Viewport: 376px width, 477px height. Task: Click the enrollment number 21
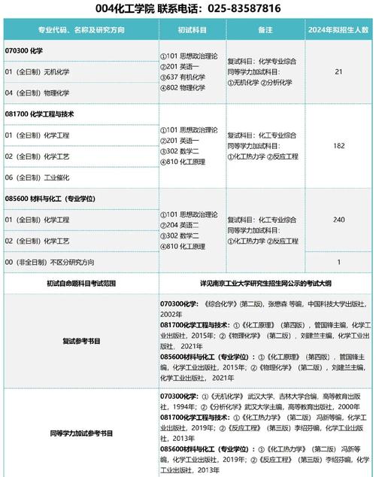point(338,71)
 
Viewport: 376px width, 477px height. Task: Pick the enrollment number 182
point(338,145)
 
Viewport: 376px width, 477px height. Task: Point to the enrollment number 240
point(338,220)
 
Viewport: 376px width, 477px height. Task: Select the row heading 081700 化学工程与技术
point(44,114)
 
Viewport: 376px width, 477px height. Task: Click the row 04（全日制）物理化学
point(37,93)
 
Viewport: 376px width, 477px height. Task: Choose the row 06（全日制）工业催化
point(37,178)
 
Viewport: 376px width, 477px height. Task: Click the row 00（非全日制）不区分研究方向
point(50,262)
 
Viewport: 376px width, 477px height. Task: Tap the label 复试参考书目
point(81,341)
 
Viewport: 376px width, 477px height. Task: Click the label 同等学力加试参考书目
point(81,433)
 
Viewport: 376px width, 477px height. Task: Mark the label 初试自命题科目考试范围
point(81,284)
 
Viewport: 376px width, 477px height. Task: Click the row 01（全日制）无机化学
point(37,71)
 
